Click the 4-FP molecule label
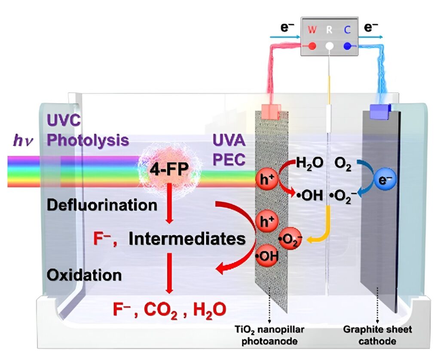[x=169, y=171]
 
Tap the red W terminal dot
[x=313, y=45]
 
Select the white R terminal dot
[x=330, y=46]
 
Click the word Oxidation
[x=84, y=275]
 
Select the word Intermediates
[x=187, y=239]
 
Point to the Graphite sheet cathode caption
[x=378, y=334]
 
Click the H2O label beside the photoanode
[x=309, y=164]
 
